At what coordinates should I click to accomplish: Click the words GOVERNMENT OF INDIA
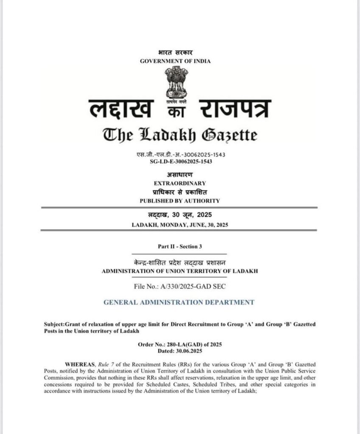click(x=175, y=61)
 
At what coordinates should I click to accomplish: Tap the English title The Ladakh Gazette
click(x=180, y=135)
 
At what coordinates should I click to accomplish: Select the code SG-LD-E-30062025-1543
click(x=181, y=161)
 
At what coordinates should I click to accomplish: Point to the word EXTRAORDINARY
click(x=180, y=183)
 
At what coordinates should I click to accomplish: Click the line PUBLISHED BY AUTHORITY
click(x=180, y=200)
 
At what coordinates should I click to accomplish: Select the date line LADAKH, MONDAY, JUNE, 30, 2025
click(x=180, y=225)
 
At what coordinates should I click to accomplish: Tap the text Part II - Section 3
click(x=179, y=246)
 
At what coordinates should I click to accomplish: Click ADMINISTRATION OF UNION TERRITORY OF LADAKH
click(x=180, y=271)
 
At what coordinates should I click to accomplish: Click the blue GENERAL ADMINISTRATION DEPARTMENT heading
click(x=179, y=302)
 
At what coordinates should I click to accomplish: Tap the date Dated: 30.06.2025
click(x=180, y=351)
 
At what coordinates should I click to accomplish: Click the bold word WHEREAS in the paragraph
click(x=78, y=364)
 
